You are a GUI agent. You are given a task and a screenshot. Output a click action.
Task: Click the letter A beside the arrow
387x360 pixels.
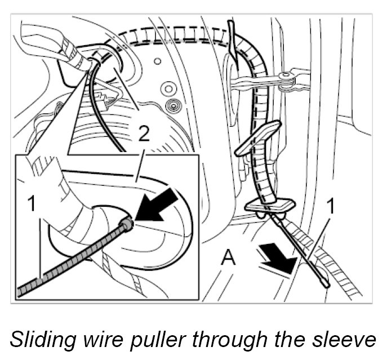point(228,257)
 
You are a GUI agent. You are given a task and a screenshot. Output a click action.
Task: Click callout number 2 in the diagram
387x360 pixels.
point(144,134)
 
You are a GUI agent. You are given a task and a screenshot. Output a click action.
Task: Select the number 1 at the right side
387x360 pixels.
point(332,207)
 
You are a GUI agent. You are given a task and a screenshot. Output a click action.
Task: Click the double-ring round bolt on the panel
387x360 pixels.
point(167,88)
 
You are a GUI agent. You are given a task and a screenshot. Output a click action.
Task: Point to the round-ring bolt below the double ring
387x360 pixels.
point(172,104)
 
